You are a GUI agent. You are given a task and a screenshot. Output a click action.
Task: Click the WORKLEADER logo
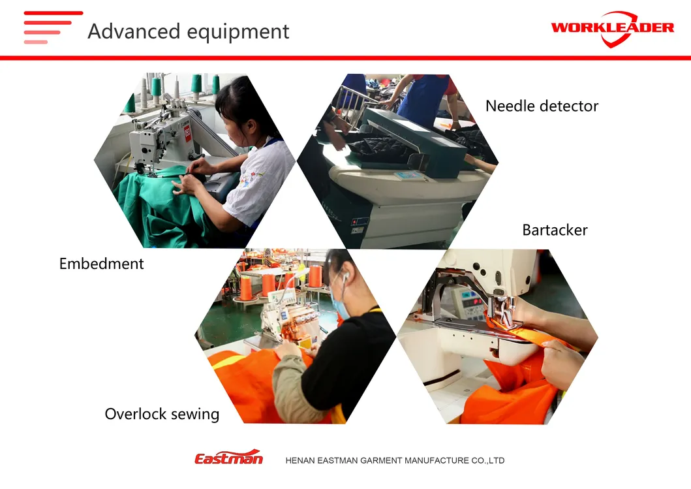click(612, 29)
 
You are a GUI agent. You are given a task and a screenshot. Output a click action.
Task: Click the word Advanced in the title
click(134, 31)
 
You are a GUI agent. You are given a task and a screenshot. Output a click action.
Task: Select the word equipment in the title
click(238, 32)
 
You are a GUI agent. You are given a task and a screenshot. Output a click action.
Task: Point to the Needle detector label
click(542, 106)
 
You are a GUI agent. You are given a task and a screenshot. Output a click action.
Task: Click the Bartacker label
click(555, 230)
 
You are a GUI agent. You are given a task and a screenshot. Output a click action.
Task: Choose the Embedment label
click(101, 263)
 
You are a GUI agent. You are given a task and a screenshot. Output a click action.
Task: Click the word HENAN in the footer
click(299, 460)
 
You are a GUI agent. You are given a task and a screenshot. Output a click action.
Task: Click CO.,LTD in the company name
click(488, 460)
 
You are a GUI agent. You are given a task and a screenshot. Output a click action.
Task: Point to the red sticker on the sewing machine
click(187, 133)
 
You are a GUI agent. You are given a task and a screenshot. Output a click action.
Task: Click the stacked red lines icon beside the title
click(53, 27)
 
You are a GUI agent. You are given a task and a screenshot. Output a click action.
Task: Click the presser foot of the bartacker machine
click(502, 311)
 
